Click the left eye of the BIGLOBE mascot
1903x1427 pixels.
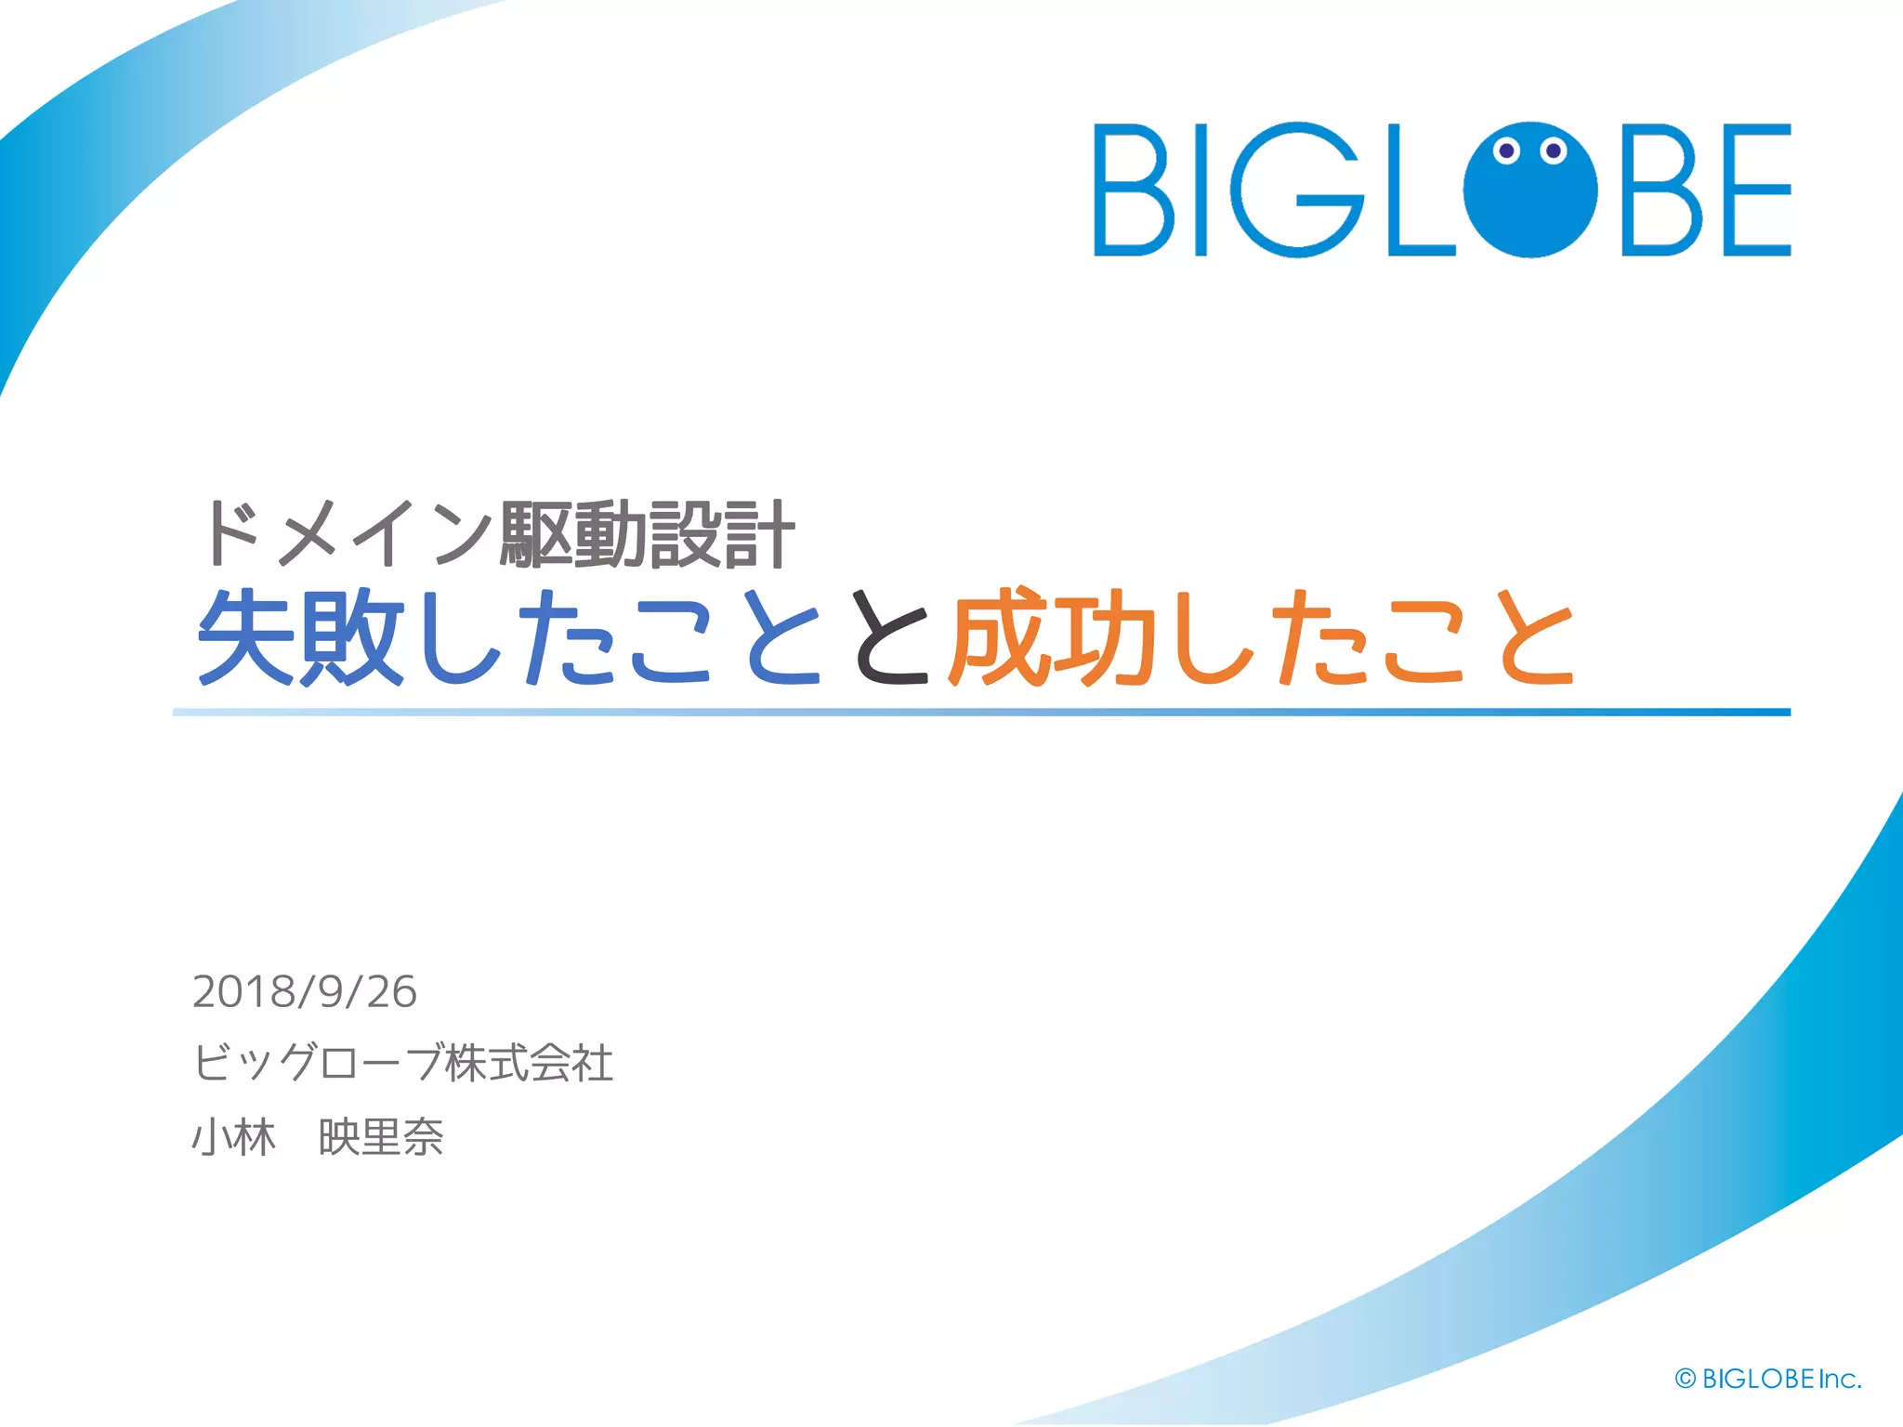1506,151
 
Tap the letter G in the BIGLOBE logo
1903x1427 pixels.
1297,190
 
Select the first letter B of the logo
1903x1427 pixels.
1134,190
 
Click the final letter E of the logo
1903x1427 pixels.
1757,190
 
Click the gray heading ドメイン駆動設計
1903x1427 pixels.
497,533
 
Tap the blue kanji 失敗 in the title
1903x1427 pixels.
301,638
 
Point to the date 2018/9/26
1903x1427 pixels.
304,991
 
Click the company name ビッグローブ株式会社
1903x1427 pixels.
402,1063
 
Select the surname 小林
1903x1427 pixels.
233,1137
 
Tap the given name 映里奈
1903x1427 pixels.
381,1137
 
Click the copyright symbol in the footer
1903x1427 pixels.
1685,1379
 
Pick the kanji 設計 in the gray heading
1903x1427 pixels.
721,533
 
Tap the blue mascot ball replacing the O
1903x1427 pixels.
1529,200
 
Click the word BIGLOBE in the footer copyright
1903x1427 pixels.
1758,1379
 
